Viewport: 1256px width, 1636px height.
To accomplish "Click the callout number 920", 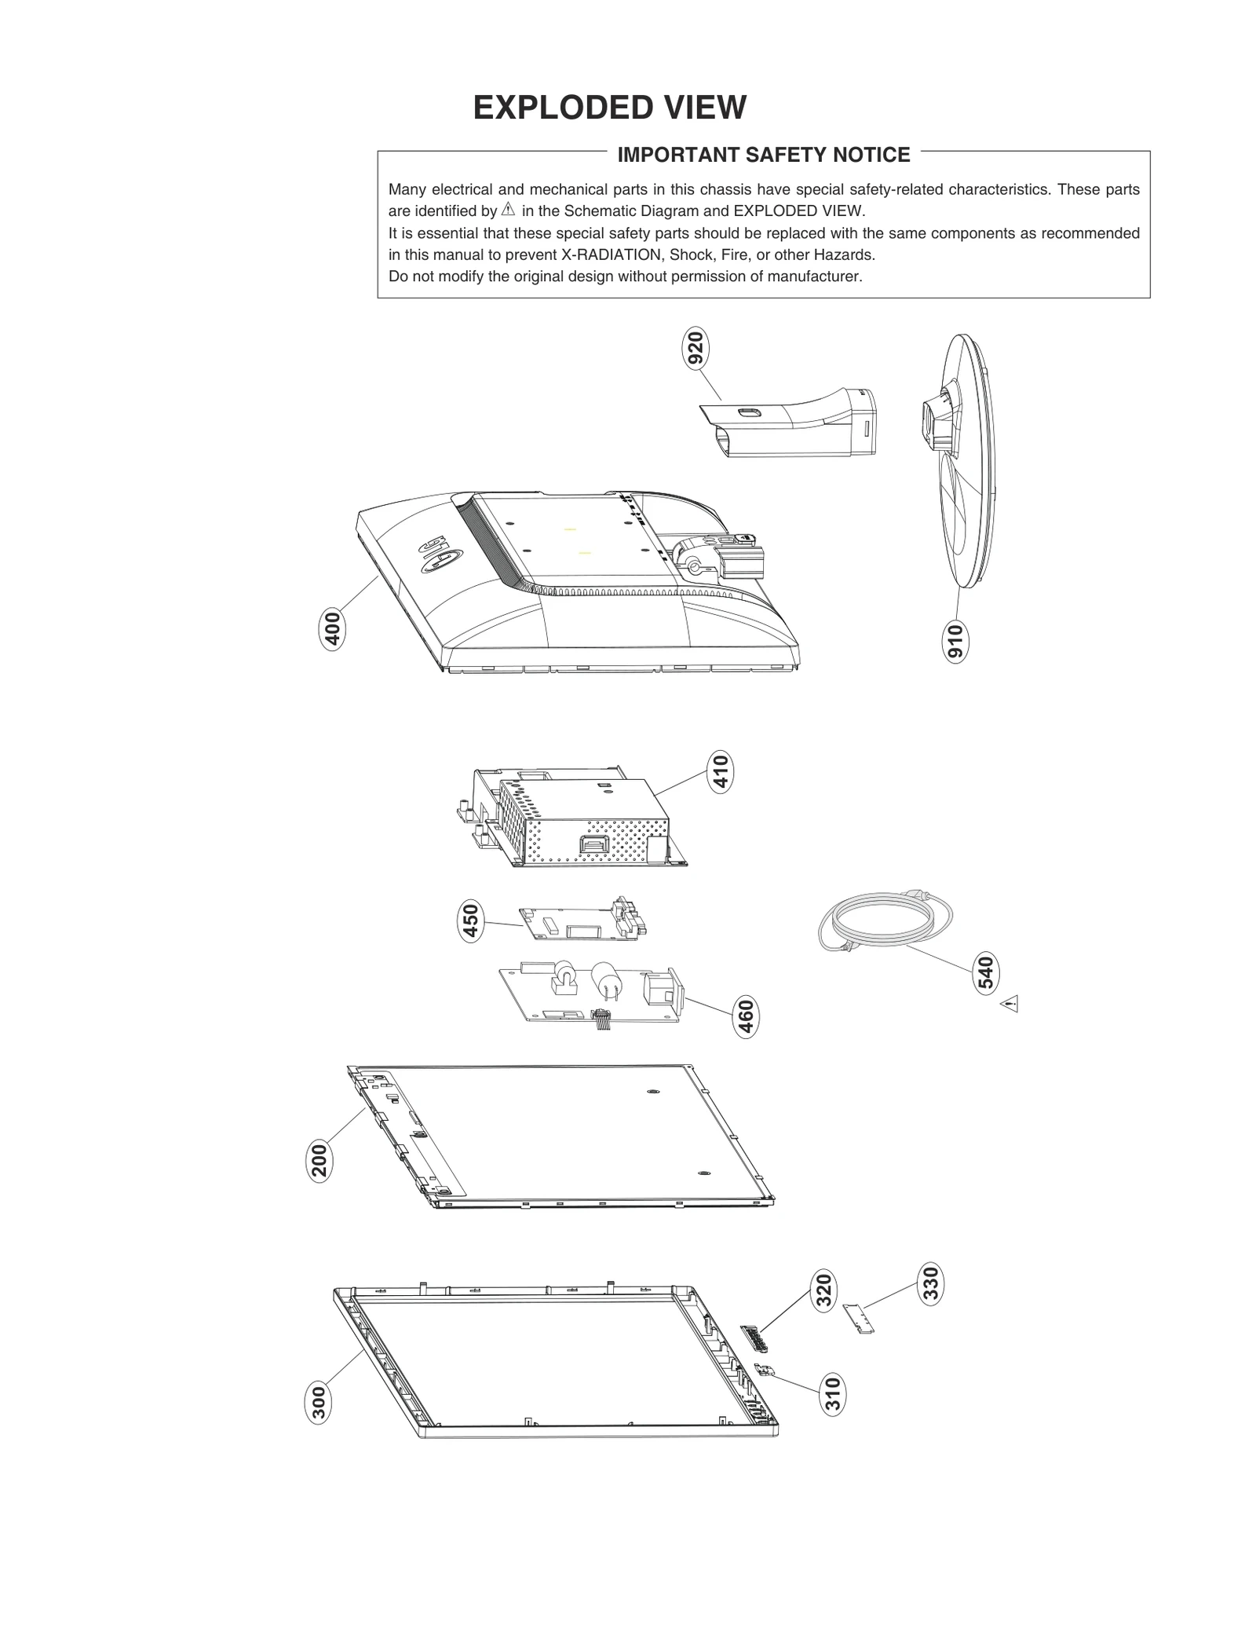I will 695,349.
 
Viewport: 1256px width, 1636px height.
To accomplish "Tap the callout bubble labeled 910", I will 955,642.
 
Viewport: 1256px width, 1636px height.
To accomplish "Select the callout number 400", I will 333,629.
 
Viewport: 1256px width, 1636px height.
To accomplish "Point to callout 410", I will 720,771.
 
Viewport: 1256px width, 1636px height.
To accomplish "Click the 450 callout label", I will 469,922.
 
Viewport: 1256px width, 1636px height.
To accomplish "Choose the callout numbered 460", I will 746,1016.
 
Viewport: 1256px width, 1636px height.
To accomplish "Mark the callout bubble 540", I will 986,972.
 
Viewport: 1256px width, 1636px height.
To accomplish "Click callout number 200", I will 319,1161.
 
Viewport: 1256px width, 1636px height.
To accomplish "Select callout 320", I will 823,1291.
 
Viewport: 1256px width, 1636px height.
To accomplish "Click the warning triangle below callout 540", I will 1010,1004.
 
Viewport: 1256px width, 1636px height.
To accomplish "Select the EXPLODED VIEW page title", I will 609,108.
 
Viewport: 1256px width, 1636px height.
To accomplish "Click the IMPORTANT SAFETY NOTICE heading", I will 763,155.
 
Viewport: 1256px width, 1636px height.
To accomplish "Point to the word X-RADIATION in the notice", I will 612,255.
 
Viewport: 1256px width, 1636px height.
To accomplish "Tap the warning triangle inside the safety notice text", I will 508,210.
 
